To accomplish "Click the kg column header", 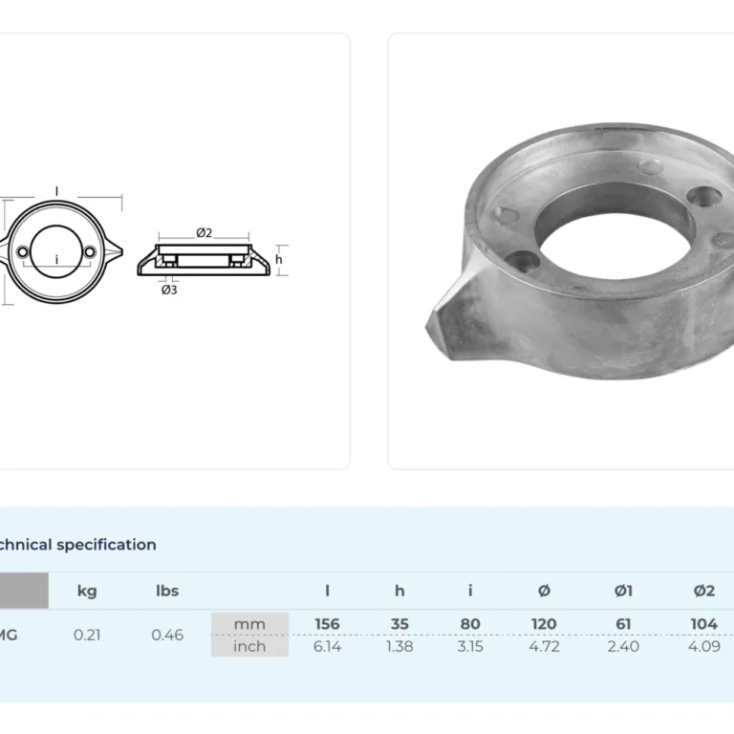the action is pyautogui.click(x=87, y=592).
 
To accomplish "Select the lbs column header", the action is pyautogui.click(x=167, y=591).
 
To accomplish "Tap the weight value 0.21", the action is pyautogui.click(x=87, y=636).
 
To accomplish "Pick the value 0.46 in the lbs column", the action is pyautogui.click(x=167, y=636).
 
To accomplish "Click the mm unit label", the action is pyautogui.click(x=249, y=624).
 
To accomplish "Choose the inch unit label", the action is pyautogui.click(x=249, y=646).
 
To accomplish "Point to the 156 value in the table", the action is pyautogui.click(x=327, y=624).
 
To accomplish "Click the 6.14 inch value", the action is pyautogui.click(x=327, y=646).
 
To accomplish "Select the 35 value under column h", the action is pyautogui.click(x=399, y=624).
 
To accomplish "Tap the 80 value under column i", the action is pyautogui.click(x=470, y=624).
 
